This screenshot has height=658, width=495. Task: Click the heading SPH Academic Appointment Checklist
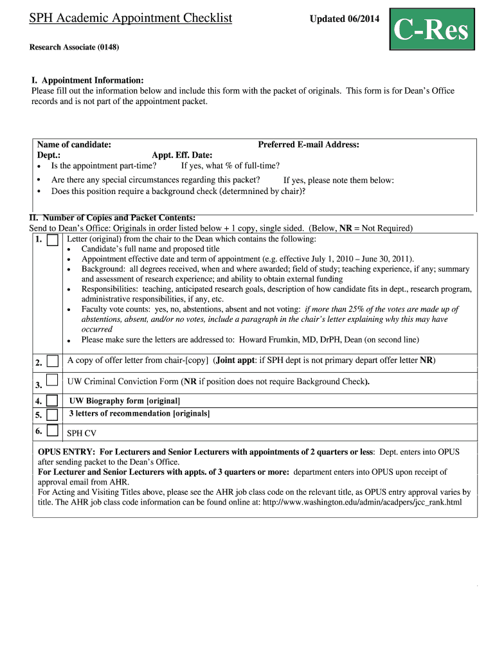pyautogui.click(x=130, y=18)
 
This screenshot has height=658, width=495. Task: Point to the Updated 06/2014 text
pyautogui.click(x=345, y=19)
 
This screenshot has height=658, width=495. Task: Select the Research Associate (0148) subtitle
pyautogui.click(x=74, y=48)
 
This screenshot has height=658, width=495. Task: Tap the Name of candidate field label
pyautogui.click(x=74, y=145)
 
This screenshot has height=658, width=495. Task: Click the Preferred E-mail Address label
pyautogui.click(x=309, y=145)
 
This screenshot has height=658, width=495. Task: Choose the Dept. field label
pyautogui.click(x=49, y=155)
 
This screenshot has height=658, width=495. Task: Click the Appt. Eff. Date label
pyautogui.click(x=182, y=155)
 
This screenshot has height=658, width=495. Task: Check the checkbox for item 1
pyautogui.click(x=52, y=240)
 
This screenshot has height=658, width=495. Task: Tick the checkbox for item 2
pyautogui.click(x=52, y=360)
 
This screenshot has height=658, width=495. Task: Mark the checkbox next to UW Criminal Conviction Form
pyautogui.click(x=52, y=380)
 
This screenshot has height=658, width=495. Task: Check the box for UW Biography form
pyautogui.click(x=52, y=402)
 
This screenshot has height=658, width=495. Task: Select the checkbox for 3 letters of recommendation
pyautogui.click(x=52, y=414)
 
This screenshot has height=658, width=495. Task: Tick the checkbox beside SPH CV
pyautogui.click(x=52, y=431)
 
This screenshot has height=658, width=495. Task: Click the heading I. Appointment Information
pyautogui.click(x=87, y=80)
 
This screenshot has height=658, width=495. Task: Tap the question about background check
pyautogui.click(x=178, y=191)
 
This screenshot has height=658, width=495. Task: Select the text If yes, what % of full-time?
pyautogui.click(x=230, y=165)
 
